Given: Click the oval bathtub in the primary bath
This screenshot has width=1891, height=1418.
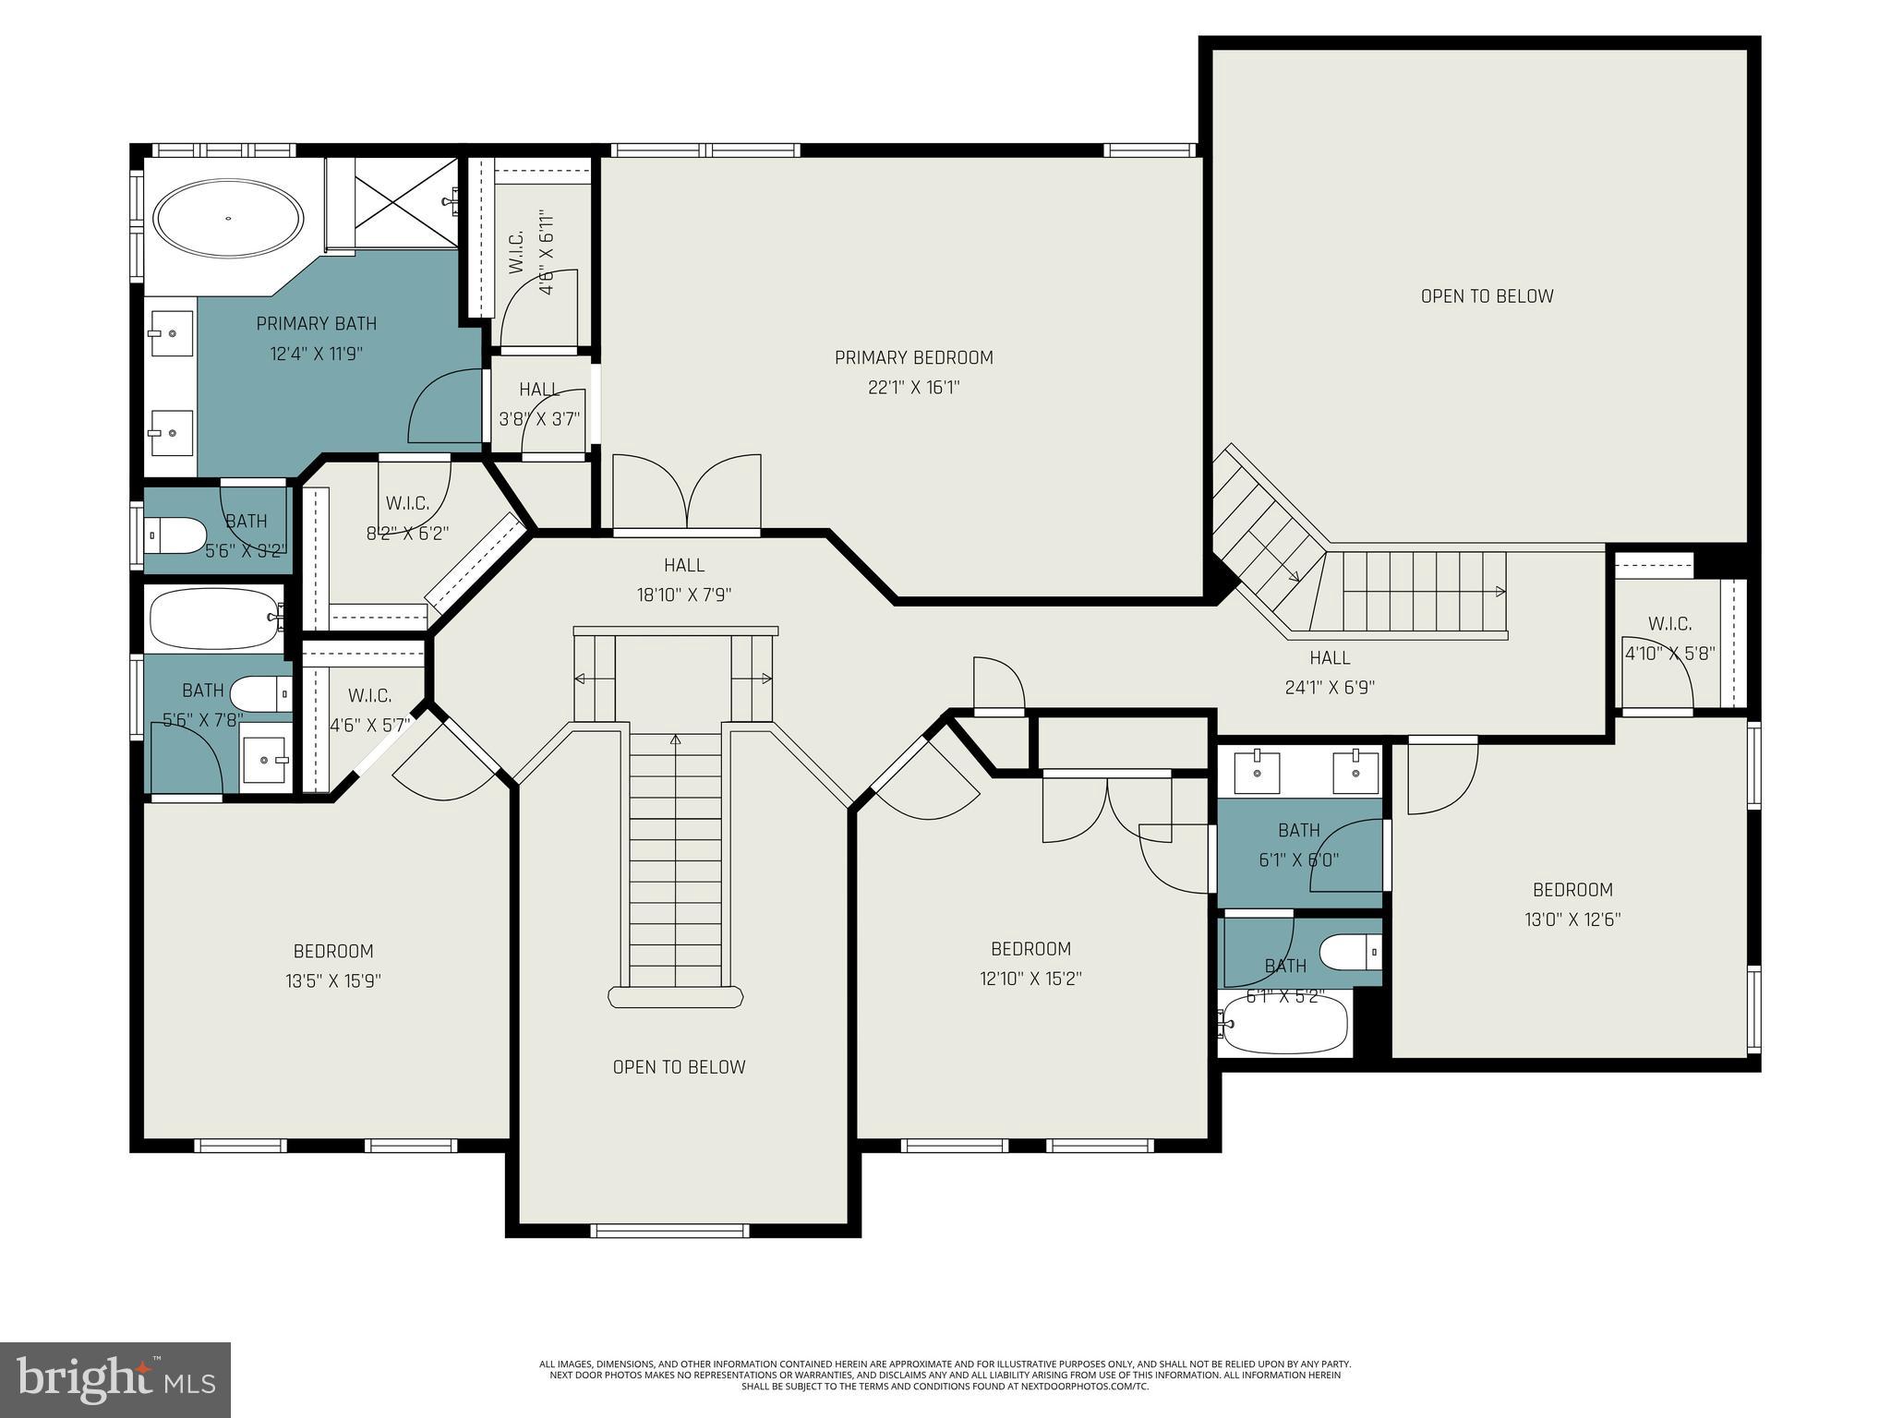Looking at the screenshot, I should coord(228,219).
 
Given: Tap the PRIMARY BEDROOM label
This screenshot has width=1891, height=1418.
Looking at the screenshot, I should coord(913,357).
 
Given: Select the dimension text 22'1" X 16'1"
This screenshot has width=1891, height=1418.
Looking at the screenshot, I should coord(913,388).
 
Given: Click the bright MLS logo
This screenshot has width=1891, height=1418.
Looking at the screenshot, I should coord(115,1379).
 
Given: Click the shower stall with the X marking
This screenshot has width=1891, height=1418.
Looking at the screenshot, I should coord(406,203).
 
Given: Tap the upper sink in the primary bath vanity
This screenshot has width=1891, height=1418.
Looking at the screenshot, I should coord(172,333).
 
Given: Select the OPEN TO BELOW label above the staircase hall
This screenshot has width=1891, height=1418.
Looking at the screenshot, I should coord(1487,296).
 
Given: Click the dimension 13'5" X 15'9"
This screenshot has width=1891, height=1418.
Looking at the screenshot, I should coord(333,980).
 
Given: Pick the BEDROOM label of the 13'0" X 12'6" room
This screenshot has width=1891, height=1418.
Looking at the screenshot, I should coord(1572,890).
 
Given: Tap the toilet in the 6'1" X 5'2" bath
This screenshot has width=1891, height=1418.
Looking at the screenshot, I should coord(1349,951).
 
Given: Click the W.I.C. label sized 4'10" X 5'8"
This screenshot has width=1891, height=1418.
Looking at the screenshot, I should coord(1669,624).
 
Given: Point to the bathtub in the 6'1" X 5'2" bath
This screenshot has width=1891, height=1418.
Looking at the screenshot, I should coord(1285,1024).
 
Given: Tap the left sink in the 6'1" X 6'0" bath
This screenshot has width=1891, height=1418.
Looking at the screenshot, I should coord(1256,772).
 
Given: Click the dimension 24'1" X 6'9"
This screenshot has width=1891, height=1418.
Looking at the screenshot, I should coord(1330,688).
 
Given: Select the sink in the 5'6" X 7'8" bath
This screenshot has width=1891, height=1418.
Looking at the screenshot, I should coord(266,758).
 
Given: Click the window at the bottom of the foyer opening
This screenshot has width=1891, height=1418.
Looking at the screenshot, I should coord(669,1230).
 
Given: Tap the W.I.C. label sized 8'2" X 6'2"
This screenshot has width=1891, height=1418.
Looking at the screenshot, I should coord(407,503).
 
